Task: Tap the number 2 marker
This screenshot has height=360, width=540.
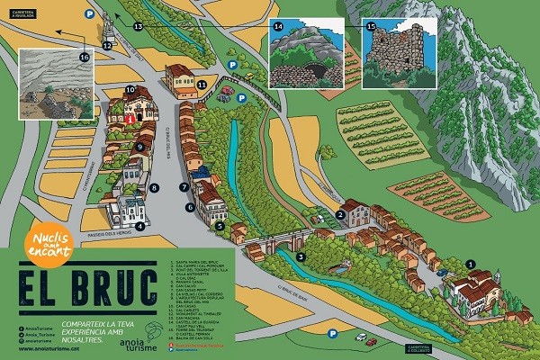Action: (x=340, y=213)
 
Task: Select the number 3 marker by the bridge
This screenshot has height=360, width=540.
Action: (x=301, y=256)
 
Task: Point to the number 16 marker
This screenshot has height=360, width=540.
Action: (x=84, y=57)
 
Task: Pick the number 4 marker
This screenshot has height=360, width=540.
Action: (x=140, y=226)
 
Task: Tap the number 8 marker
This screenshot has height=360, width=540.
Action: (x=155, y=188)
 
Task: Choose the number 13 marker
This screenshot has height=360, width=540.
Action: (x=138, y=28)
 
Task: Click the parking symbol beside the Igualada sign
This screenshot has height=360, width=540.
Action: (x=89, y=14)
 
